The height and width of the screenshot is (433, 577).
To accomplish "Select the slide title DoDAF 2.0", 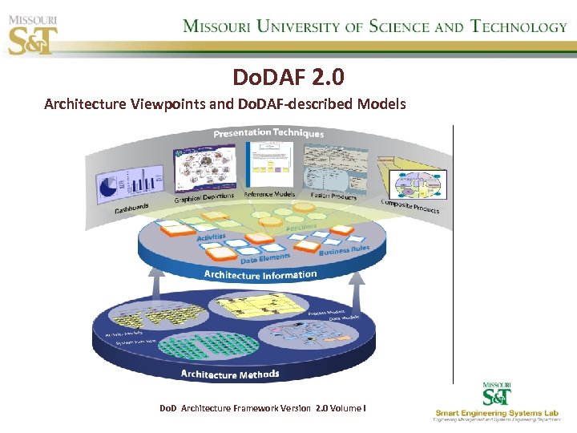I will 288,77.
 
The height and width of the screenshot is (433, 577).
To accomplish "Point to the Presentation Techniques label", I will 268,133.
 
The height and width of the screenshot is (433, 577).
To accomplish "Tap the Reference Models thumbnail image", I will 269,164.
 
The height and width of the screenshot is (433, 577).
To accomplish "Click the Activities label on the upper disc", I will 212,237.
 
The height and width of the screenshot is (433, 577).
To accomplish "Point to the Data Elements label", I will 264,257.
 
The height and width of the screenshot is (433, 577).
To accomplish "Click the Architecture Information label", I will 260,274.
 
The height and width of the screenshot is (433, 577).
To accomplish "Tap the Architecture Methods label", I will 230,374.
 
